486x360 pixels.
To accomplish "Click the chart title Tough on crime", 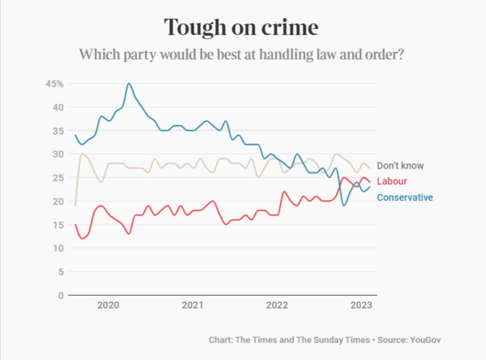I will click(x=242, y=27).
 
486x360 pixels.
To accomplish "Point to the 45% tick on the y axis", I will click(x=55, y=84).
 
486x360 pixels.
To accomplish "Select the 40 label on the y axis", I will click(x=58, y=108).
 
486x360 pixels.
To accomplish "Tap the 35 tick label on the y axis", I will click(x=58, y=131).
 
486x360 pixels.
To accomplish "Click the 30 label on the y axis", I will click(x=58, y=154).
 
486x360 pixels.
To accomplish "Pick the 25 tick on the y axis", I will click(x=58, y=178).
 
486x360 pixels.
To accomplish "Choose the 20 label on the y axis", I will click(x=58, y=201).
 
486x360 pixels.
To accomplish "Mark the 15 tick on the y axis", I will click(x=58, y=225).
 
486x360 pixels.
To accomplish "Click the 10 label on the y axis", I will click(x=58, y=249).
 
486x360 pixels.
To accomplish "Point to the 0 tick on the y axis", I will click(x=61, y=295).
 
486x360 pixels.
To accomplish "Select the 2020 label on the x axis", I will click(x=108, y=306).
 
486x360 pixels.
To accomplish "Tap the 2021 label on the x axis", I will click(x=192, y=306).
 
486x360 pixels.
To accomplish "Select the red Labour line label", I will click(x=392, y=181).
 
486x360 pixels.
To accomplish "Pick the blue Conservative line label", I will click(x=405, y=197).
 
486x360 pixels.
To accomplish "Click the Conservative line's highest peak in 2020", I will click(x=129, y=84).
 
